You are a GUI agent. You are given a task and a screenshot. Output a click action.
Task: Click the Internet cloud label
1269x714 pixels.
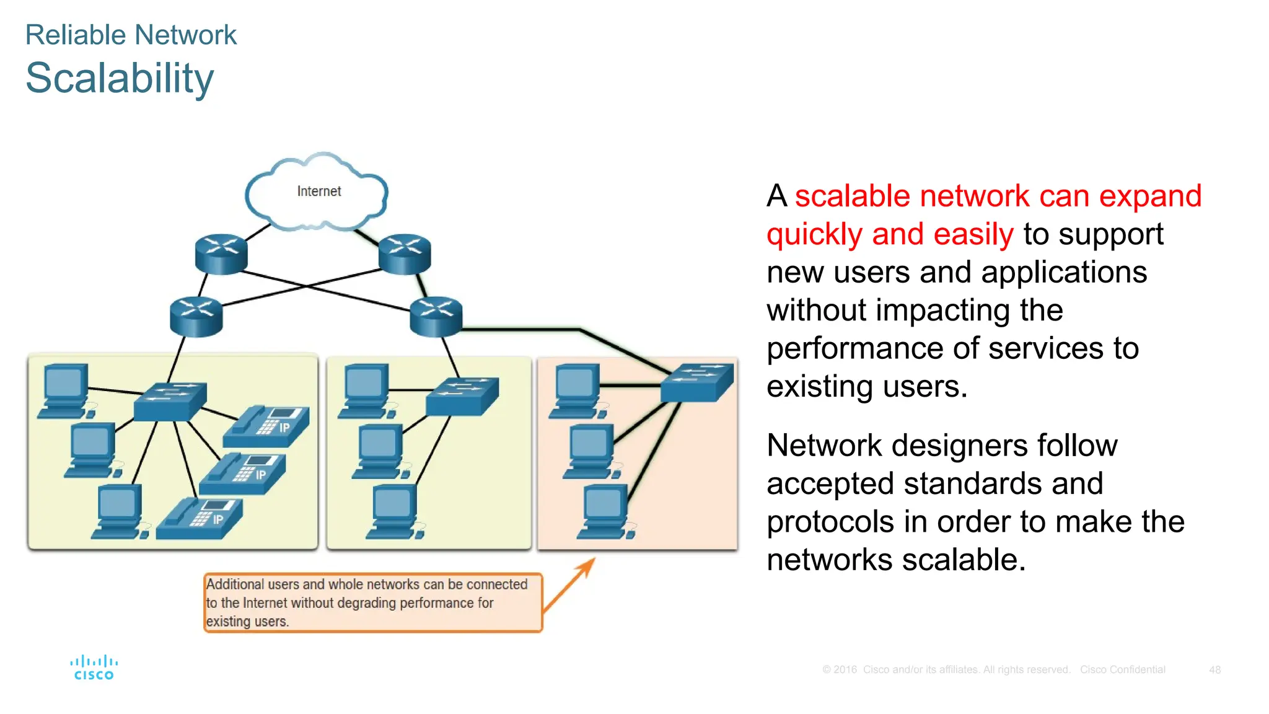point(318,192)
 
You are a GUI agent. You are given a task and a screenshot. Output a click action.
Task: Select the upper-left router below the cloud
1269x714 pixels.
point(221,253)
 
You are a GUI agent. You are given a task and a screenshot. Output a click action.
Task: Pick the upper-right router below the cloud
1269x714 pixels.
point(405,254)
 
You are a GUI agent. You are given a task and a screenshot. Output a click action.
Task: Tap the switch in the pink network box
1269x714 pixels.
point(696,382)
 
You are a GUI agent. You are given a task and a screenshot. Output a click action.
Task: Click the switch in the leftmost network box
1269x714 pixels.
point(170,402)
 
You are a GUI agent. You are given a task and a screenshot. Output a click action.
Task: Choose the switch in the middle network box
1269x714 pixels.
point(462,396)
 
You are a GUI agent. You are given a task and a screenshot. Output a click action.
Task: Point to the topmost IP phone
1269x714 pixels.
point(266,426)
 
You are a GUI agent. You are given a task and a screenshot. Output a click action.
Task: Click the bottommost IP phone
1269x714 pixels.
point(200,519)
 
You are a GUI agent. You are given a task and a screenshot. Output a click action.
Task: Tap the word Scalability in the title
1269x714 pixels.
point(120,79)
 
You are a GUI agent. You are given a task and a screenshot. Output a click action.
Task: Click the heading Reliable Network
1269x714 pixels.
point(131,35)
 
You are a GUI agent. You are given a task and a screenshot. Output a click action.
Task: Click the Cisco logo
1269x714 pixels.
point(94,668)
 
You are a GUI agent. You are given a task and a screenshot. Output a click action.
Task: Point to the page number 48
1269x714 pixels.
point(1214,669)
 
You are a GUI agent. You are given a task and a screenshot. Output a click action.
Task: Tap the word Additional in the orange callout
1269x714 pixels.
point(235,584)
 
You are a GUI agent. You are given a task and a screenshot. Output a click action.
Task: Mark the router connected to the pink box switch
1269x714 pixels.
point(436,316)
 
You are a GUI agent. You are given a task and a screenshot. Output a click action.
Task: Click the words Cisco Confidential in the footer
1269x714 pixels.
point(1122,669)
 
